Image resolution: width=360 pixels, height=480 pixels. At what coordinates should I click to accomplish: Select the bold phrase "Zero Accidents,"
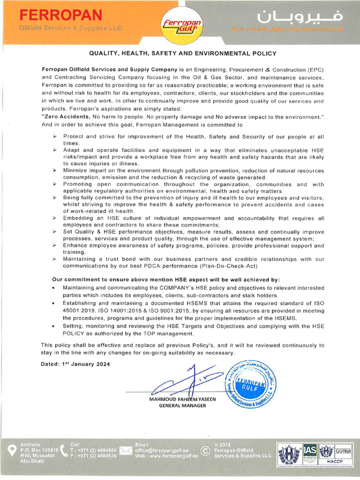coord(66,115)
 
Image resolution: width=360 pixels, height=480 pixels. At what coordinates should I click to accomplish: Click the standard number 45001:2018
coord(78,310)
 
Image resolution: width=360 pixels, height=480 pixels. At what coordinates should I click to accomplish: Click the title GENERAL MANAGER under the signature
coord(182,405)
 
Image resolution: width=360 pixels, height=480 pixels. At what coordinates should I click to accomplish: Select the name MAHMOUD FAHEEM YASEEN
coord(182,399)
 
